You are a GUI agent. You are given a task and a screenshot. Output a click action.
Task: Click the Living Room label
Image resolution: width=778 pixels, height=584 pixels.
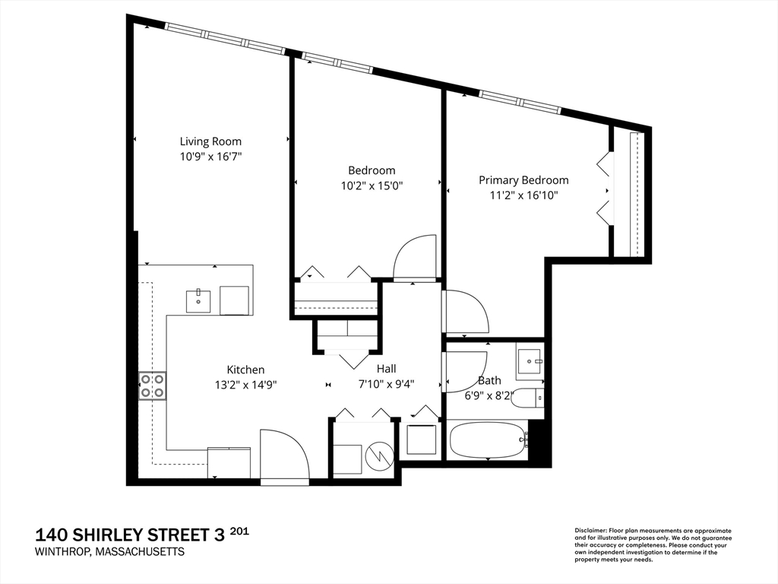click(x=210, y=141)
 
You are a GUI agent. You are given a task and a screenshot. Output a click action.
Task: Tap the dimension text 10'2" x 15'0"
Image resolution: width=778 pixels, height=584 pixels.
click(x=372, y=186)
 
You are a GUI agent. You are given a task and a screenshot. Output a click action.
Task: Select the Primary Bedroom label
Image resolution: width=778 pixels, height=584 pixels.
click(x=523, y=179)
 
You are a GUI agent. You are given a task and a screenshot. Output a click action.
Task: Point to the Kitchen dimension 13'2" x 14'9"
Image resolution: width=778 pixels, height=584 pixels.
click(x=245, y=384)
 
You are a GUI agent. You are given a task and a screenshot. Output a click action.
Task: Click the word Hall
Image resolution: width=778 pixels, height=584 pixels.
click(x=386, y=369)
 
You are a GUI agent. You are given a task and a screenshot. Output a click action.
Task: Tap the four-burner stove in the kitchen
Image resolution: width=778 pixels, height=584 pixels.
click(x=152, y=386)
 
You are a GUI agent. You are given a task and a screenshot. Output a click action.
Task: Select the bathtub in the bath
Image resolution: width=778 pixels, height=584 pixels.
click(x=489, y=440)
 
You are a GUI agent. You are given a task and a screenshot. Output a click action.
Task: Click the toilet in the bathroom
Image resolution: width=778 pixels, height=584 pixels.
click(x=527, y=398)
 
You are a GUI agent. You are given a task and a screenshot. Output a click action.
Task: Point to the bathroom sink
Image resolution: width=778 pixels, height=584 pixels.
click(x=530, y=360)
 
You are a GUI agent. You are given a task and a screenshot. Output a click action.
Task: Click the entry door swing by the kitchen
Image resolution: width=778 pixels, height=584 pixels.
click(x=285, y=454)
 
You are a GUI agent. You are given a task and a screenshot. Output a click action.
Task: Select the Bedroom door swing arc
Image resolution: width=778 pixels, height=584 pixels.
click(x=414, y=257)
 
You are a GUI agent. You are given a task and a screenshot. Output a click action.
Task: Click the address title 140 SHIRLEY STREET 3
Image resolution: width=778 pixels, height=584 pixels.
click(x=130, y=535)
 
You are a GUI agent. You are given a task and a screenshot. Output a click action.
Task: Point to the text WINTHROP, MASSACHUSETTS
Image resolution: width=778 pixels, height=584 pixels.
click(x=109, y=552)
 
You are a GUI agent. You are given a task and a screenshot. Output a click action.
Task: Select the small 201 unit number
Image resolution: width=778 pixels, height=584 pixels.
click(x=239, y=532)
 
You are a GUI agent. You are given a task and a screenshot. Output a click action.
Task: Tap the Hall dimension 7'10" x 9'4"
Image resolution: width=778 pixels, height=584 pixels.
click(x=386, y=384)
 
